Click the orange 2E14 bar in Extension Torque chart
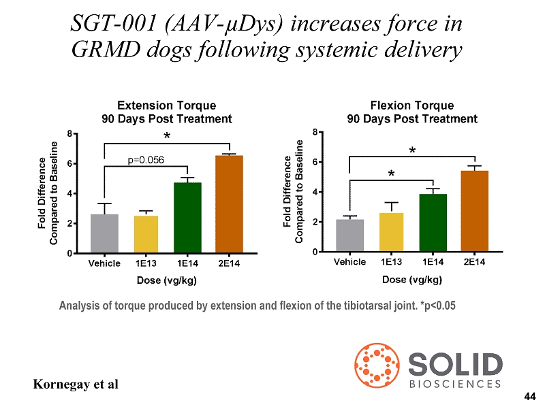pyautogui.click(x=229, y=204)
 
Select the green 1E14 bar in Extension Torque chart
pyautogui.click(x=187, y=218)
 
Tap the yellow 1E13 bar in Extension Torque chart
pyautogui.click(x=146, y=234)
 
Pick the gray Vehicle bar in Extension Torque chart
pyautogui.click(x=104, y=233)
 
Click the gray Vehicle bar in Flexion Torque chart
pyautogui.click(x=349, y=235)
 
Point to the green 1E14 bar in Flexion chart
pyautogui.click(x=433, y=223)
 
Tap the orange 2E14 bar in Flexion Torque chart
pyautogui.click(x=474, y=211)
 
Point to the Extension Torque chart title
pyautogui.click(x=166, y=112)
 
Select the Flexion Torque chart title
pyautogui.click(x=411, y=112)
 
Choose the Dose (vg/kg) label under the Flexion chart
pyautogui.click(x=411, y=279)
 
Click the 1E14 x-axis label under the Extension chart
pyautogui.click(x=187, y=263)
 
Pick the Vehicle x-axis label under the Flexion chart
pyautogui.click(x=349, y=262)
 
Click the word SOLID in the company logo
pyautogui.click(x=456, y=364)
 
